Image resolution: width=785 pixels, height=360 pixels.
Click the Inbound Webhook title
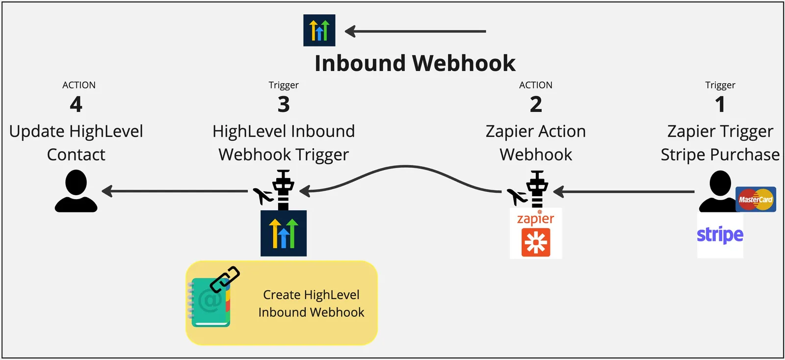pos(415,63)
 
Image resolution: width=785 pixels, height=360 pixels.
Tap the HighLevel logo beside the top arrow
pos(319,30)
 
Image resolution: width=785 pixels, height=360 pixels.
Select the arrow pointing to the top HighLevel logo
pos(415,31)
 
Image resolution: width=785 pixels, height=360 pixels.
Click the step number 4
pos(76,104)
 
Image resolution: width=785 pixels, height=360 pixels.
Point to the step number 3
pos(284,104)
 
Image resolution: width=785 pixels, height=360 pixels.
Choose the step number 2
pos(536,104)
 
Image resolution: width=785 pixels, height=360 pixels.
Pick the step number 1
pos(720,104)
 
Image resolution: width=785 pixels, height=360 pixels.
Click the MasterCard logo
pos(756,199)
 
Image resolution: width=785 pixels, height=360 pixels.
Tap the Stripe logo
pos(720,234)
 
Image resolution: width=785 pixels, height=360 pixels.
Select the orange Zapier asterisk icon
pos(536,242)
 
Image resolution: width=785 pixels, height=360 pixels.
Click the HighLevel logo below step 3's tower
pos(284,233)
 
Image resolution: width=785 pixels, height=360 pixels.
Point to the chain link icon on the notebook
pos(225,279)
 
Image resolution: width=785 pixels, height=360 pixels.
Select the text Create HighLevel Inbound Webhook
pos(311,303)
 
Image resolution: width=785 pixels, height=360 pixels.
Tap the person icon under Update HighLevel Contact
pos(76,191)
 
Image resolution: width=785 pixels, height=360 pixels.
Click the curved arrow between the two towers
pos(405,166)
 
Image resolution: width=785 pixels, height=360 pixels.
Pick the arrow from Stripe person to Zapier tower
pos(624,192)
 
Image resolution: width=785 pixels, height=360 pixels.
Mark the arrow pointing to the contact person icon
pos(175,191)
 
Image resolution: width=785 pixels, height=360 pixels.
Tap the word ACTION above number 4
pos(79,85)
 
